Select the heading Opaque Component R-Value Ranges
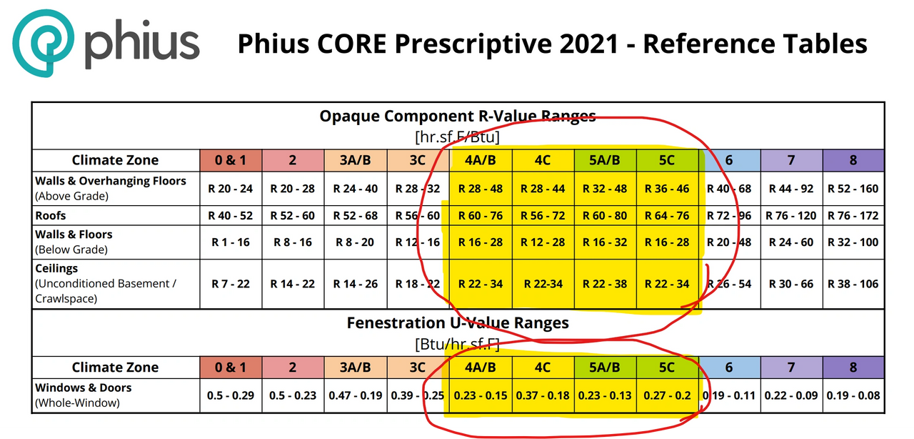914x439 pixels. coord(457,117)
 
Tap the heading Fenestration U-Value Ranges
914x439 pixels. coord(457,323)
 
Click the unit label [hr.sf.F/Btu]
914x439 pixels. coord(457,136)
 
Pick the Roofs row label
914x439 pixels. coord(51,215)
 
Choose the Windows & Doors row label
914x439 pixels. coord(84,388)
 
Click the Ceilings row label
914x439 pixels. coord(56,270)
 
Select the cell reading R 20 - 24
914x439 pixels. coord(231,189)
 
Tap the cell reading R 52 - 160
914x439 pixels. coord(853,189)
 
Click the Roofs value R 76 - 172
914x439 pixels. coord(853,215)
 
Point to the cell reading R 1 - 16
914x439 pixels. coord(231,242)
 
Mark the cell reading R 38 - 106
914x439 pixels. coord(853,284)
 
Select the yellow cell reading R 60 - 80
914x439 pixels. coord(605,215)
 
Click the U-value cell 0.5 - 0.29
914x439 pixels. coord(231,395)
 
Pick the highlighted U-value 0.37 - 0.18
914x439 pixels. coord(543,395)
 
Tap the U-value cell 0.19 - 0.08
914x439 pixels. coord(853,395)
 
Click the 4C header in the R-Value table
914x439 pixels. coord(543,160)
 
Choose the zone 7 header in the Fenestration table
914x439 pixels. coord(791,367)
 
